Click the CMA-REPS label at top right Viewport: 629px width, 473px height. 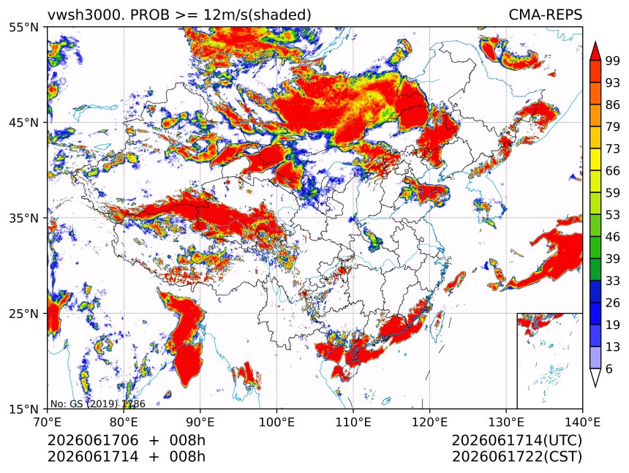(545, 15)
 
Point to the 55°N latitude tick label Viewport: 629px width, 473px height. (23, 28)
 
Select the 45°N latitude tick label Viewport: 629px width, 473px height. (23, 122)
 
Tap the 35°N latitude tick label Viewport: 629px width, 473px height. (23, 218)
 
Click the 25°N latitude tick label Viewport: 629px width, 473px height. (23, 313)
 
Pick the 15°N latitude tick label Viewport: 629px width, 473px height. (23, 409)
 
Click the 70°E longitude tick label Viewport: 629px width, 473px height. (48, 422)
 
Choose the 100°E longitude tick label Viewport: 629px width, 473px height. (276, 422)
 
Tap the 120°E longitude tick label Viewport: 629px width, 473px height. (429, 422)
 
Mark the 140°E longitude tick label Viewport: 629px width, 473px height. (582, 422)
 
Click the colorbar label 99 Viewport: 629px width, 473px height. (613, 61)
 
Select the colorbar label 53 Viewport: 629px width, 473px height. (613, 215)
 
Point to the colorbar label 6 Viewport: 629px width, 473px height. (609, 368)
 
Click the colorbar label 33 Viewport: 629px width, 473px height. (613, 281)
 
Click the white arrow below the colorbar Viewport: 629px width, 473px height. (595, 376)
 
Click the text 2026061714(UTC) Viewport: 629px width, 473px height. (516, 440)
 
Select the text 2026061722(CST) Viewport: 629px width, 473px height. (516, 457)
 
